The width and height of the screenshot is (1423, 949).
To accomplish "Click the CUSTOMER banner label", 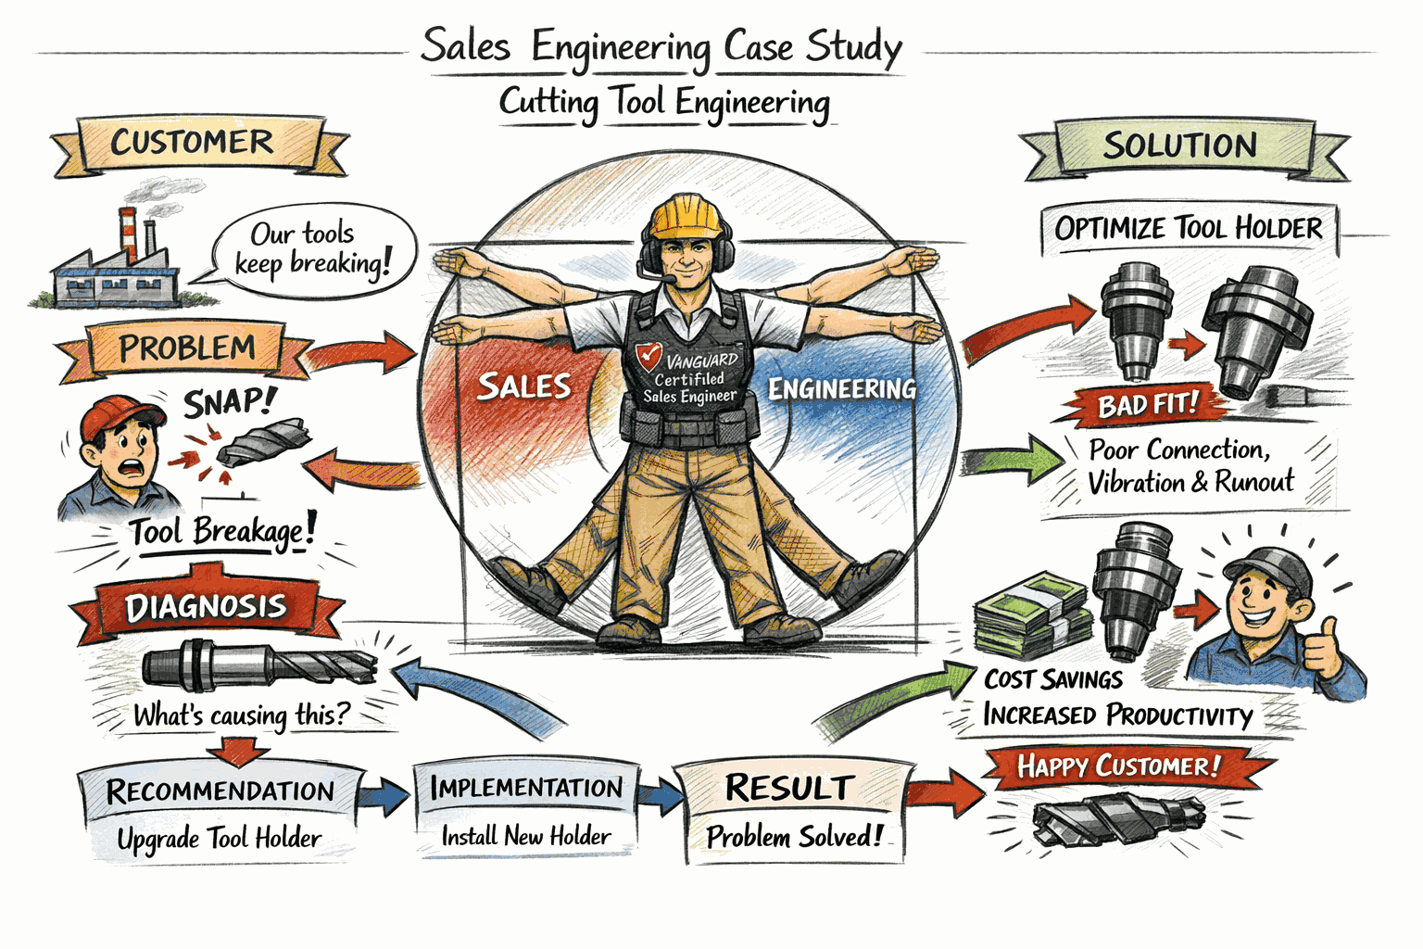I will [x=193, y=143].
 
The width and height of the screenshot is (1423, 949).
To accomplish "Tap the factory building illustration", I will [x=116, y=268].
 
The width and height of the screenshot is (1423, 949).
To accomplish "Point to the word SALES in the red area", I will [x=524, y=386].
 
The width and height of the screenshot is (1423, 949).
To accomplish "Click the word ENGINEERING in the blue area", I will [x=841, y=388].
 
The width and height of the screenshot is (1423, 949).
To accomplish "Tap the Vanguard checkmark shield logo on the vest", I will [x=649, y=356].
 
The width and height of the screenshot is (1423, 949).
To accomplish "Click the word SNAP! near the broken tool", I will [x=229, y=403].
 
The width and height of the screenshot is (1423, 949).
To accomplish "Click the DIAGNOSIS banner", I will [x=206, y=608].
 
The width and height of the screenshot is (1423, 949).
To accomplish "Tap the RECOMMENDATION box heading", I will [x=220, y=791].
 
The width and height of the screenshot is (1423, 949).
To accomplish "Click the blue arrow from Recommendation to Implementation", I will [x=384, y=794].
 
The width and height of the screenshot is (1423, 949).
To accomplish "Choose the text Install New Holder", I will [x=525, y=836].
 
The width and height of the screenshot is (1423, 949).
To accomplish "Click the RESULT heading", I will [x=788, y=788].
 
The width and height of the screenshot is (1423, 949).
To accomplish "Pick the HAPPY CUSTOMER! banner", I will [x=1118, y=766].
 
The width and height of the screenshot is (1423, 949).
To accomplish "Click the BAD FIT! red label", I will [x=1147, y=405].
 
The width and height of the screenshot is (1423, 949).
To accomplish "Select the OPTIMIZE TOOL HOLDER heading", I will [x=1188, y=228].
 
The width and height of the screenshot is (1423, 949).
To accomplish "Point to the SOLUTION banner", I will [x=1179, y=146].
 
